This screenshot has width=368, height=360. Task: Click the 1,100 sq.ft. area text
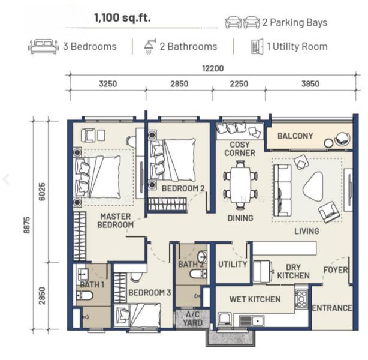coord(122,18)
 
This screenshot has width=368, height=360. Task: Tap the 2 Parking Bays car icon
coord(242,23)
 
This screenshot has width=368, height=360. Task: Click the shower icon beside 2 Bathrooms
coord(149,46)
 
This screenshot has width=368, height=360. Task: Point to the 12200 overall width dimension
coord(213,68)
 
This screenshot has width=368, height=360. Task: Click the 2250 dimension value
coord(239,84)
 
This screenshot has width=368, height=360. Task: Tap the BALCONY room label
coord(295,136)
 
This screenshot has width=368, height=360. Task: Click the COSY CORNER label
coord(239,149)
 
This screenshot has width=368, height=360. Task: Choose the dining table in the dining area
coord(240,185)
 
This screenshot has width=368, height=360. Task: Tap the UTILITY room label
coord(233,264)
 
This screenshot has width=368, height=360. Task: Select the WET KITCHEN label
coord(255,299)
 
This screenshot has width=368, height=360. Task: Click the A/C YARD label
coord(192,319)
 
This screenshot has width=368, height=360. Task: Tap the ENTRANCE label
coord(332,308)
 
